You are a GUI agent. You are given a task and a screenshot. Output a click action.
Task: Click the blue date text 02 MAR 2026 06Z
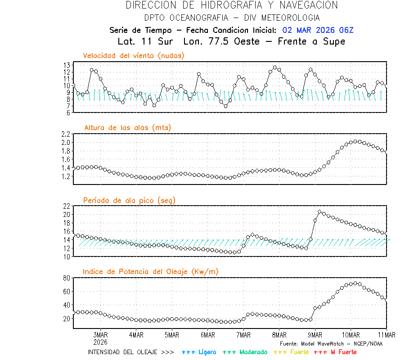(318, 30)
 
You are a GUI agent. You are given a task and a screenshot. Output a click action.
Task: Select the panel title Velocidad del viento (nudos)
(134, 56)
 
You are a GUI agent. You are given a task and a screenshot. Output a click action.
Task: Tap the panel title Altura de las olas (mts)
(128, 128)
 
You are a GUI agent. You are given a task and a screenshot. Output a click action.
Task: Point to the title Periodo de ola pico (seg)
(129, 200)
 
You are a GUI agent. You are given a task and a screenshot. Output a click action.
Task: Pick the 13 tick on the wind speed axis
(66, 65)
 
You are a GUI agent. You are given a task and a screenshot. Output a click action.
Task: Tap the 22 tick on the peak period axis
(66, 206)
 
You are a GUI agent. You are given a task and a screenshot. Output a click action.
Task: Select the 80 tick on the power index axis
(66, 278)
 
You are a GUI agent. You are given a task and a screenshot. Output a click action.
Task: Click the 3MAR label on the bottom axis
(100, 335)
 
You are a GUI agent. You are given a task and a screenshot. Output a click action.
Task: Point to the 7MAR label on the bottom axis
(243, 335)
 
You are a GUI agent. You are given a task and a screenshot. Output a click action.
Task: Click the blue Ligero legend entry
(199, 352)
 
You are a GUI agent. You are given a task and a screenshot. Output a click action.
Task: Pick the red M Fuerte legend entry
(335, 352)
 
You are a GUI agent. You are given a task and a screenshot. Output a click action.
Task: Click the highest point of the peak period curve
(319, 211)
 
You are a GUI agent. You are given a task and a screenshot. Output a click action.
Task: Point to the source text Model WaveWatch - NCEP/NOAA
(331, 343)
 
